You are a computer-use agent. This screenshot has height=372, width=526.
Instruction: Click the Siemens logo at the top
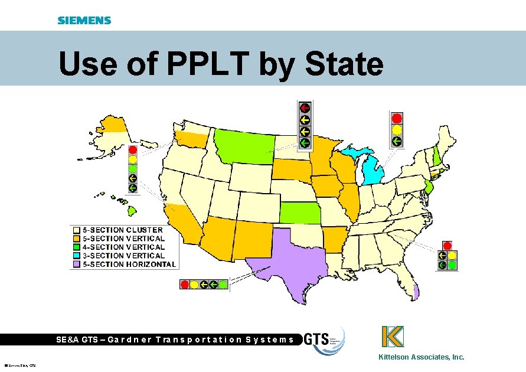tap(84, 21)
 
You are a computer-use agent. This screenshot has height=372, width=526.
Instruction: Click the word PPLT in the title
tap(210, 64)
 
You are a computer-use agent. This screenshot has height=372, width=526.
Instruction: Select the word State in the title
tap(344, 64)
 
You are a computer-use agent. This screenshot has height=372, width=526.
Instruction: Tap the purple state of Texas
tap(289, 260)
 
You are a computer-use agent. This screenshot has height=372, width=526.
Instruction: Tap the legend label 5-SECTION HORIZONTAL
tap(129, 265)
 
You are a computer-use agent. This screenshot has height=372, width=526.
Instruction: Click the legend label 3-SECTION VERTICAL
tap(123, 256)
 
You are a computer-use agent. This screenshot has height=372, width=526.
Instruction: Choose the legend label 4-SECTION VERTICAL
tap(123, 247)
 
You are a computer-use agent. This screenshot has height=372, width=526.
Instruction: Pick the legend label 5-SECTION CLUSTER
tap(123, 230)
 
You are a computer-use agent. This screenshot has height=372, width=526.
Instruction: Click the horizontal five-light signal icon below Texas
tap(204, 284)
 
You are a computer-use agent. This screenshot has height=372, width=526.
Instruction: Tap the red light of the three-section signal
tap(397, 118)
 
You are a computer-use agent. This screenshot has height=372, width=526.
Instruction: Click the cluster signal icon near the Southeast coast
tap(447, 256)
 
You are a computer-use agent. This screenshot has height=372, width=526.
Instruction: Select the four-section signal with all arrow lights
tap(305, 125)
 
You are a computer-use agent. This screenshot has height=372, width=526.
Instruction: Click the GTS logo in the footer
tap(324, 340)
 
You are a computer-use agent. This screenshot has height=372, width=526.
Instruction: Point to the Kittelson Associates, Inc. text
tap(422, 357)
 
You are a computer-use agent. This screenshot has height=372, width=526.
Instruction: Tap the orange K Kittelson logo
tap(392, 337)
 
